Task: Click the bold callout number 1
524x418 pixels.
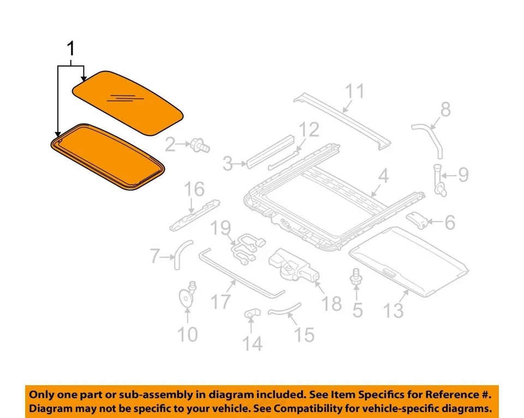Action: [x=70, y=50]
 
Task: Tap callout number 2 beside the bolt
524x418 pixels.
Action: [x=170, y=145]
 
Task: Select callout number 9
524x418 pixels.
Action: [x=463, y=175]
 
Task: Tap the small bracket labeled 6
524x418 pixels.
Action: [x=419, y=219]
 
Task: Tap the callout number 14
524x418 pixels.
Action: [x=252, y=343]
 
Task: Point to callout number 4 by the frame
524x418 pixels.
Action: [x=383, y=177]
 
